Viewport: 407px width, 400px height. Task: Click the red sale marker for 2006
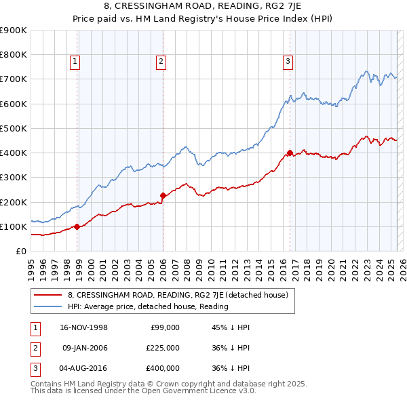163,195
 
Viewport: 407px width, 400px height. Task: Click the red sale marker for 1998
77,226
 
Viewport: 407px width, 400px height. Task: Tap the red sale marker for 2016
290,153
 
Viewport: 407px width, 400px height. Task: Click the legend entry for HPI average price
148,306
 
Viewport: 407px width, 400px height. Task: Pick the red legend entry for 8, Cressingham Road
178,295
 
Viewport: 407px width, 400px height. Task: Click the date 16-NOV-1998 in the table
84,327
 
